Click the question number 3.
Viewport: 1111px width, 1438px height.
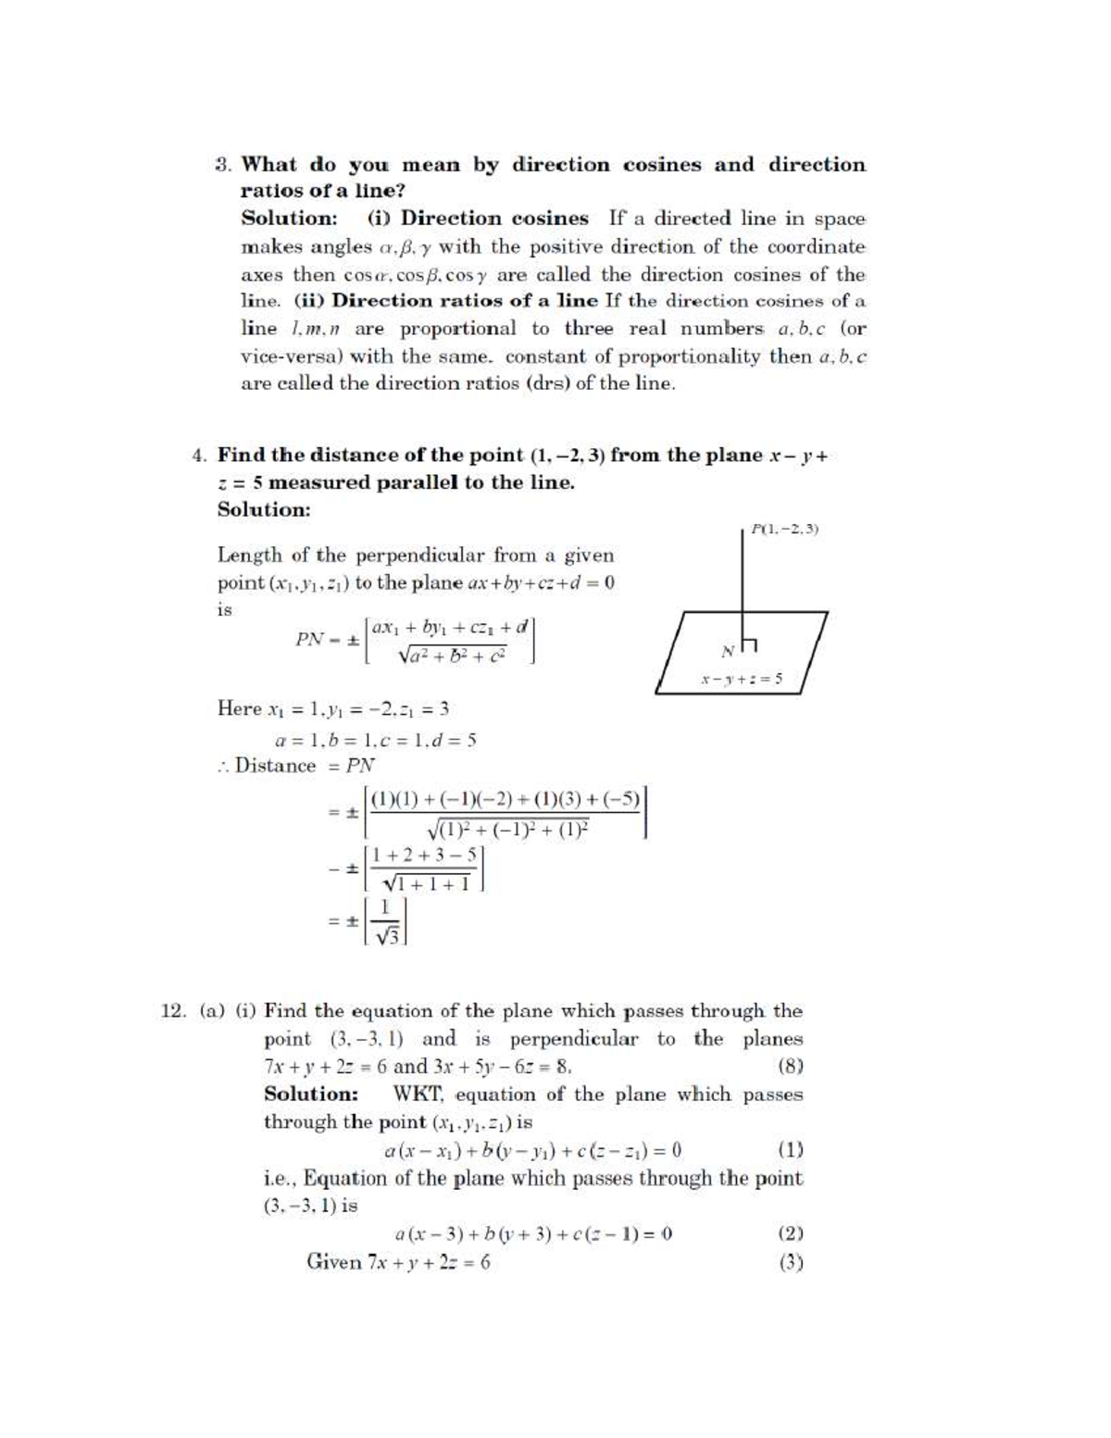[222, 166]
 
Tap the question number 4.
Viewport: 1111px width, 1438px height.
[198, 456]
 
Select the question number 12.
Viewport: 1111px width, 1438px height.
[174, 1011]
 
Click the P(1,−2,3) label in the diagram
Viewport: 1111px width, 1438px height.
[785, 530]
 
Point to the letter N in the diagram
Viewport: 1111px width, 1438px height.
[728, 650]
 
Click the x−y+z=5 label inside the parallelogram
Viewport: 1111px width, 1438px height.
[742, 679]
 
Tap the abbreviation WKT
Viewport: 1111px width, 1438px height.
[418, 1094]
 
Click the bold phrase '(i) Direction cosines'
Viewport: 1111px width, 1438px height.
[478, 219]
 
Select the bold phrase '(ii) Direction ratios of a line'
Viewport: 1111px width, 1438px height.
[446, 301]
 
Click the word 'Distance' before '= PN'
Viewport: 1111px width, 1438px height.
[275, 766]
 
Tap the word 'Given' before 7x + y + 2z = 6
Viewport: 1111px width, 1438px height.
[333, 1262]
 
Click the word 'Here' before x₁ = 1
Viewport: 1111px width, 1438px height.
[240, 709]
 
